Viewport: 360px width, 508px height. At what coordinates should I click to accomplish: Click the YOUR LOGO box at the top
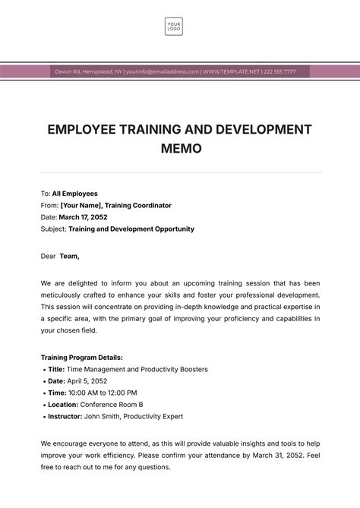(174, 27)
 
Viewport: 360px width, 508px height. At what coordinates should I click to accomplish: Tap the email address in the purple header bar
(163, 71)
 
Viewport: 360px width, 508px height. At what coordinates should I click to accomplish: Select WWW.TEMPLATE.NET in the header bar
(230, 71)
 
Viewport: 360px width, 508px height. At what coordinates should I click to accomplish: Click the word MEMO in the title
(181, 149)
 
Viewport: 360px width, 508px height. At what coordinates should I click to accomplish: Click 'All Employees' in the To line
(74, 194)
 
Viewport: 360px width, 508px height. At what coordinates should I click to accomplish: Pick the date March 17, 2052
(84, 217)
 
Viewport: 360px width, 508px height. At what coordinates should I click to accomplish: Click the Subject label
(53, 229)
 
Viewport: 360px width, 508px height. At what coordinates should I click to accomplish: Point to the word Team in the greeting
(69, 256)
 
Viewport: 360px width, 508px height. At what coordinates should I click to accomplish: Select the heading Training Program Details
(81, 357)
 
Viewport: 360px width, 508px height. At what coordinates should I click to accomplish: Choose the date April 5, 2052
(87, 381)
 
